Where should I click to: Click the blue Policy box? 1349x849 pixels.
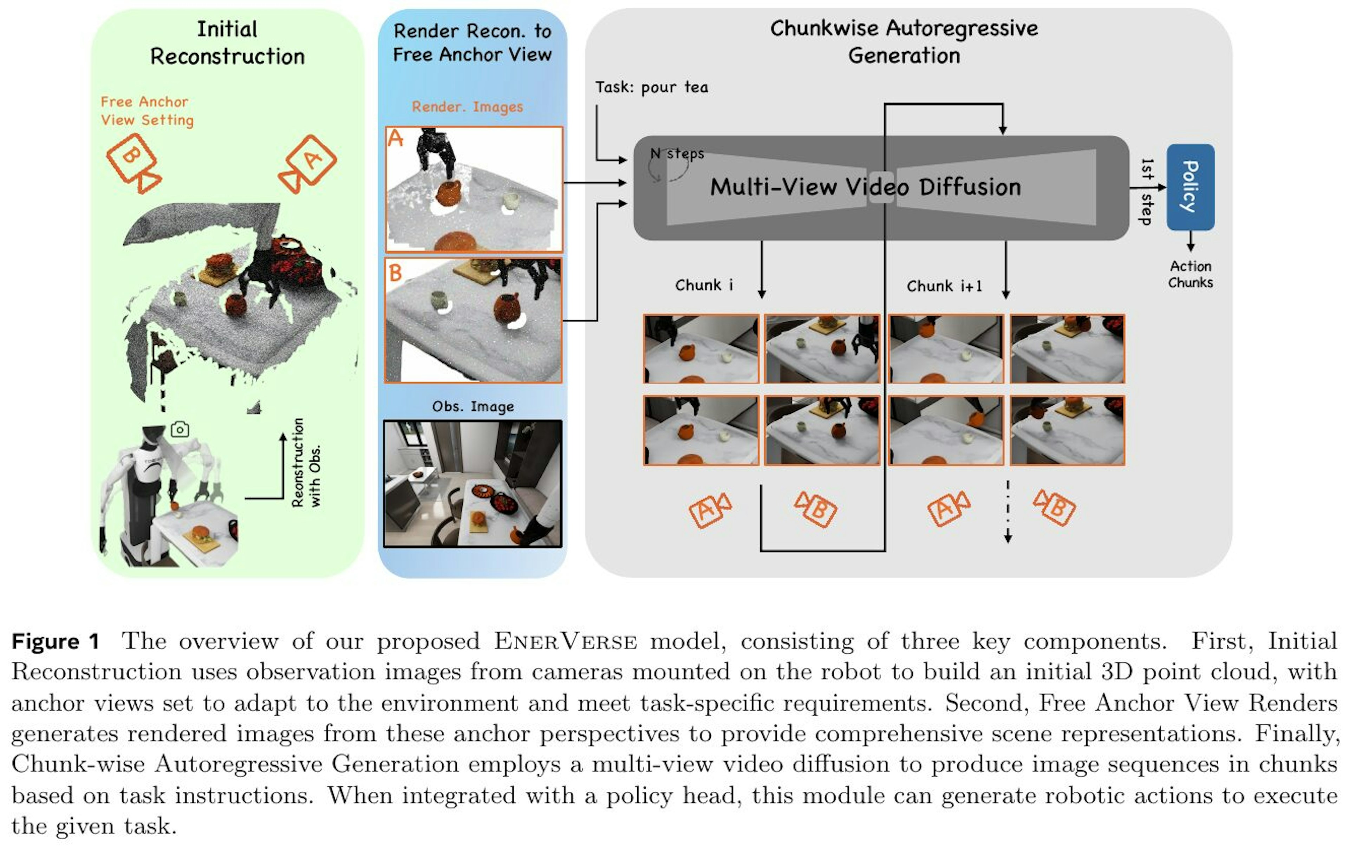click(x=1191, y=187)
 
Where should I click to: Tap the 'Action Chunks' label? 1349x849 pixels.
click(x=1191, y=274)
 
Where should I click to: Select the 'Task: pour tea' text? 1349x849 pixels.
click(x=652, y=87)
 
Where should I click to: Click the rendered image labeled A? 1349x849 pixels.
click(x=474, y=189)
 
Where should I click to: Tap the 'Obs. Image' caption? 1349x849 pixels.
click(x=473, y=406)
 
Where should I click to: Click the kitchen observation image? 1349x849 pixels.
click(x=473, y=483)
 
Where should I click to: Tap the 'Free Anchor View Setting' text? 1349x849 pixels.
click(x=147, y=111)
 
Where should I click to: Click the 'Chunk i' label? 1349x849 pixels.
click(x=704, y=285)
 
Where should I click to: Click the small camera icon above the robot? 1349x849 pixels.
click(x=180, y=430)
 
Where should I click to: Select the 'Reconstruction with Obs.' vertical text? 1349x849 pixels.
click(x=306, y=463)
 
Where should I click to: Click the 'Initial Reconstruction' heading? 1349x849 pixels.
click(x=227, y=43)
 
